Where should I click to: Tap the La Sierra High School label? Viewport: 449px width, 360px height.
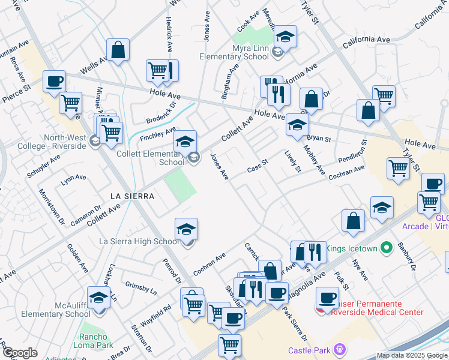click(x=139, y=241)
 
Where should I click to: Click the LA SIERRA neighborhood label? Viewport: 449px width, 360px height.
click(x=133, y=196)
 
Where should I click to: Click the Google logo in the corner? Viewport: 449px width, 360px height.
click(x=19, y=353)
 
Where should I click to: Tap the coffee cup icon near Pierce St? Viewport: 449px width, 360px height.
click(x=54, y=81)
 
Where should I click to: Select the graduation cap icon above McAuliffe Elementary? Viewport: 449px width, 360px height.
click(x=99, y=297)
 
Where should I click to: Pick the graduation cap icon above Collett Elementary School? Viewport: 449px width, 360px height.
click(x=185, y=142)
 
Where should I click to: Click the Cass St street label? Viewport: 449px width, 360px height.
click(x=258, y=166)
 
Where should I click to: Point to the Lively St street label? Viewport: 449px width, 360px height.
click(x=293, y=161)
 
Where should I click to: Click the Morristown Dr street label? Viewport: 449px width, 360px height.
click(x=52, y=207)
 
